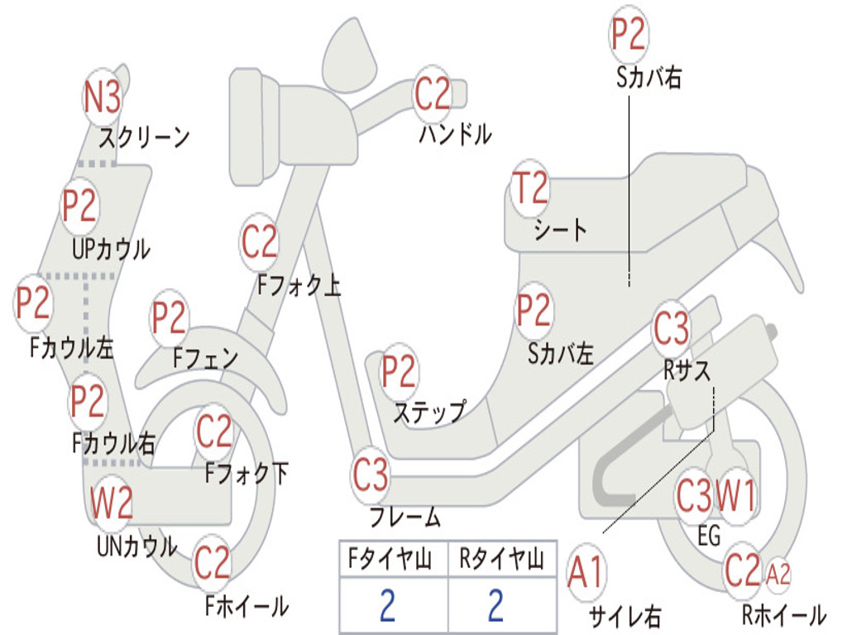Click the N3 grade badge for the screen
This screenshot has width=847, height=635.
tap(102, 98)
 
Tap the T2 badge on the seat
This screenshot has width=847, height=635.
tap(530, 188)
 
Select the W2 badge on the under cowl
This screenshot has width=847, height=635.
tap(112, 502)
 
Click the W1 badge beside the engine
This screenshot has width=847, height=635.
tap(735, 496)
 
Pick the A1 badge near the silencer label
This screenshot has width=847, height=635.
tap(586, 572)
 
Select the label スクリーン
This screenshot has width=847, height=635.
tap(144, 138)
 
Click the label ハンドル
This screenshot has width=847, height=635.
tap(456, 134)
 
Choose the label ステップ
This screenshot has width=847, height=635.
tap(429, 413)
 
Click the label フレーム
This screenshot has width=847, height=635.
tap(405, 516)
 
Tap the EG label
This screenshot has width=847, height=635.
tap(709, 536)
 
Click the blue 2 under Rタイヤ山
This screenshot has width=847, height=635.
tap(496, 606)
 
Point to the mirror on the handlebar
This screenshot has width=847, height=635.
tap(350, 54)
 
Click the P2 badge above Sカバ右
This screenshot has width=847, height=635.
tap(629, 35)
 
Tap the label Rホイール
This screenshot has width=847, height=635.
tap(784, 614)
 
